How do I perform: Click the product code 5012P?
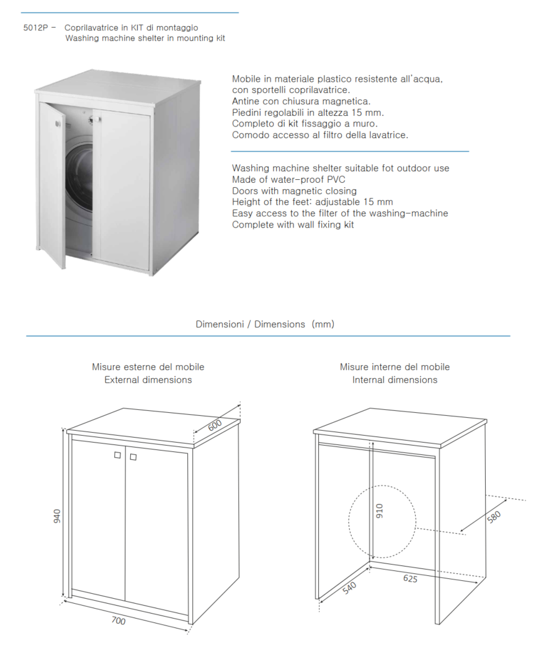point(36,28)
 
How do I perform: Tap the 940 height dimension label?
point(56,516)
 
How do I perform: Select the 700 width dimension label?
point(118,620)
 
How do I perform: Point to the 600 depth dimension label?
point(215,426)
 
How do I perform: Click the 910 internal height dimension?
point(380,510)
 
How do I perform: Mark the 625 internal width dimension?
point(410,578)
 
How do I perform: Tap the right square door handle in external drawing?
point(133,457)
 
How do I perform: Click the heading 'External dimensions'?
point(148,379)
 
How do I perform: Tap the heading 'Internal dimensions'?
point(395,379)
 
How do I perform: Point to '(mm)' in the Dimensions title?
point(323,324)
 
